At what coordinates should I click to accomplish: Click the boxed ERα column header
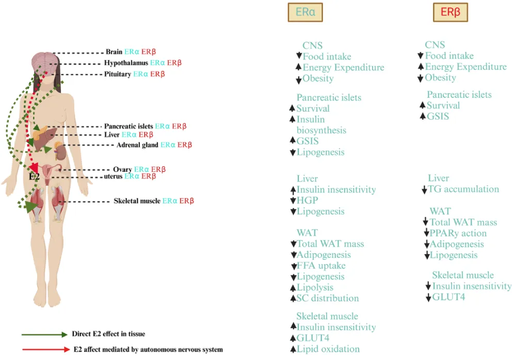pyautogui.click(x=305, y=12)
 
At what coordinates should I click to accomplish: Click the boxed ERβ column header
pyautogui.click(x=450, y=12)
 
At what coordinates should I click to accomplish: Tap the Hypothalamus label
pyautogui.click(x=126, y=63)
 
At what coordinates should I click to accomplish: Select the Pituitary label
pyautogui.click(x=118, y=74)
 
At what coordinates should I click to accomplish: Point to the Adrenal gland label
pyautogui.click(x=137, y=145)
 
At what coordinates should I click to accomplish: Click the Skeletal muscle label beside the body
pyautogui.click(x=137, y=201)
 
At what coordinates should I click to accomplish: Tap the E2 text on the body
pyautogui.click(x=34, y=176)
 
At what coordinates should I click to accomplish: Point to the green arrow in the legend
pyautogui.click(x=44, y=334)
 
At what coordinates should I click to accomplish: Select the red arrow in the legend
pyautogui.click(x=44, y=350)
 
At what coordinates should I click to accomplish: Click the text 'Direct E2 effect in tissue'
pyautogui.click(x=109, y=334)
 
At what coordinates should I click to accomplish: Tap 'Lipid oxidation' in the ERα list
pyautogui.click(x=328, y=349)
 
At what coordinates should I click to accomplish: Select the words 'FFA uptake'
pyautogui.click(x=321, y=266)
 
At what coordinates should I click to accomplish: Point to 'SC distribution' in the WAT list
pyautogui.click(x=328, y=298)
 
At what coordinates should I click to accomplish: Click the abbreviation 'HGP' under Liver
pyautogui.click(x=308, y=200)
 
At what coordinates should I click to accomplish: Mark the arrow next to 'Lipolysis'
pyautogui.click(x=293, y=288)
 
